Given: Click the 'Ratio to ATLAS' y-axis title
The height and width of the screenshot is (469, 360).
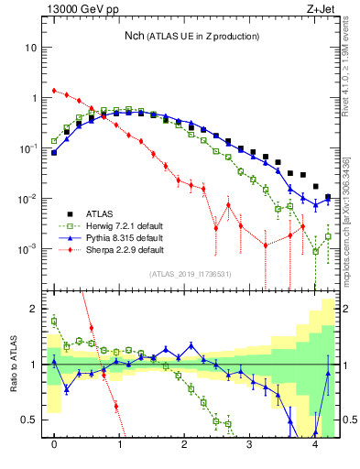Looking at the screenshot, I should (13, 366).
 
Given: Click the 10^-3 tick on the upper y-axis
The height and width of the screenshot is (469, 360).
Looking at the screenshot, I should (28, 249).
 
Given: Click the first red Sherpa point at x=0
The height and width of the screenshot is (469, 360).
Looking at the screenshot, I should (54, 91).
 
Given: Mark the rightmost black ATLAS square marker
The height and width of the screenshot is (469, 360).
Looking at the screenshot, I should (328, 197).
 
